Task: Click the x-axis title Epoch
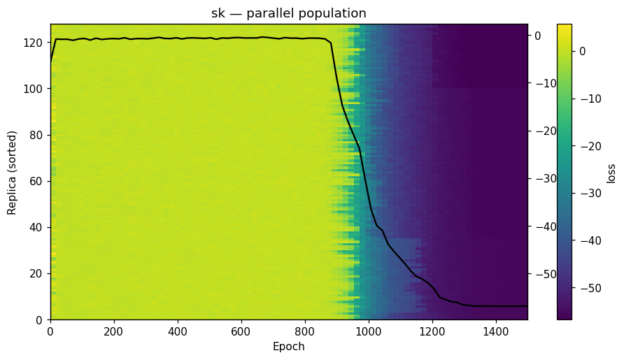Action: [289, 347]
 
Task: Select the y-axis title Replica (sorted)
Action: [12, 171]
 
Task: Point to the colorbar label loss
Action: [611, 172]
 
